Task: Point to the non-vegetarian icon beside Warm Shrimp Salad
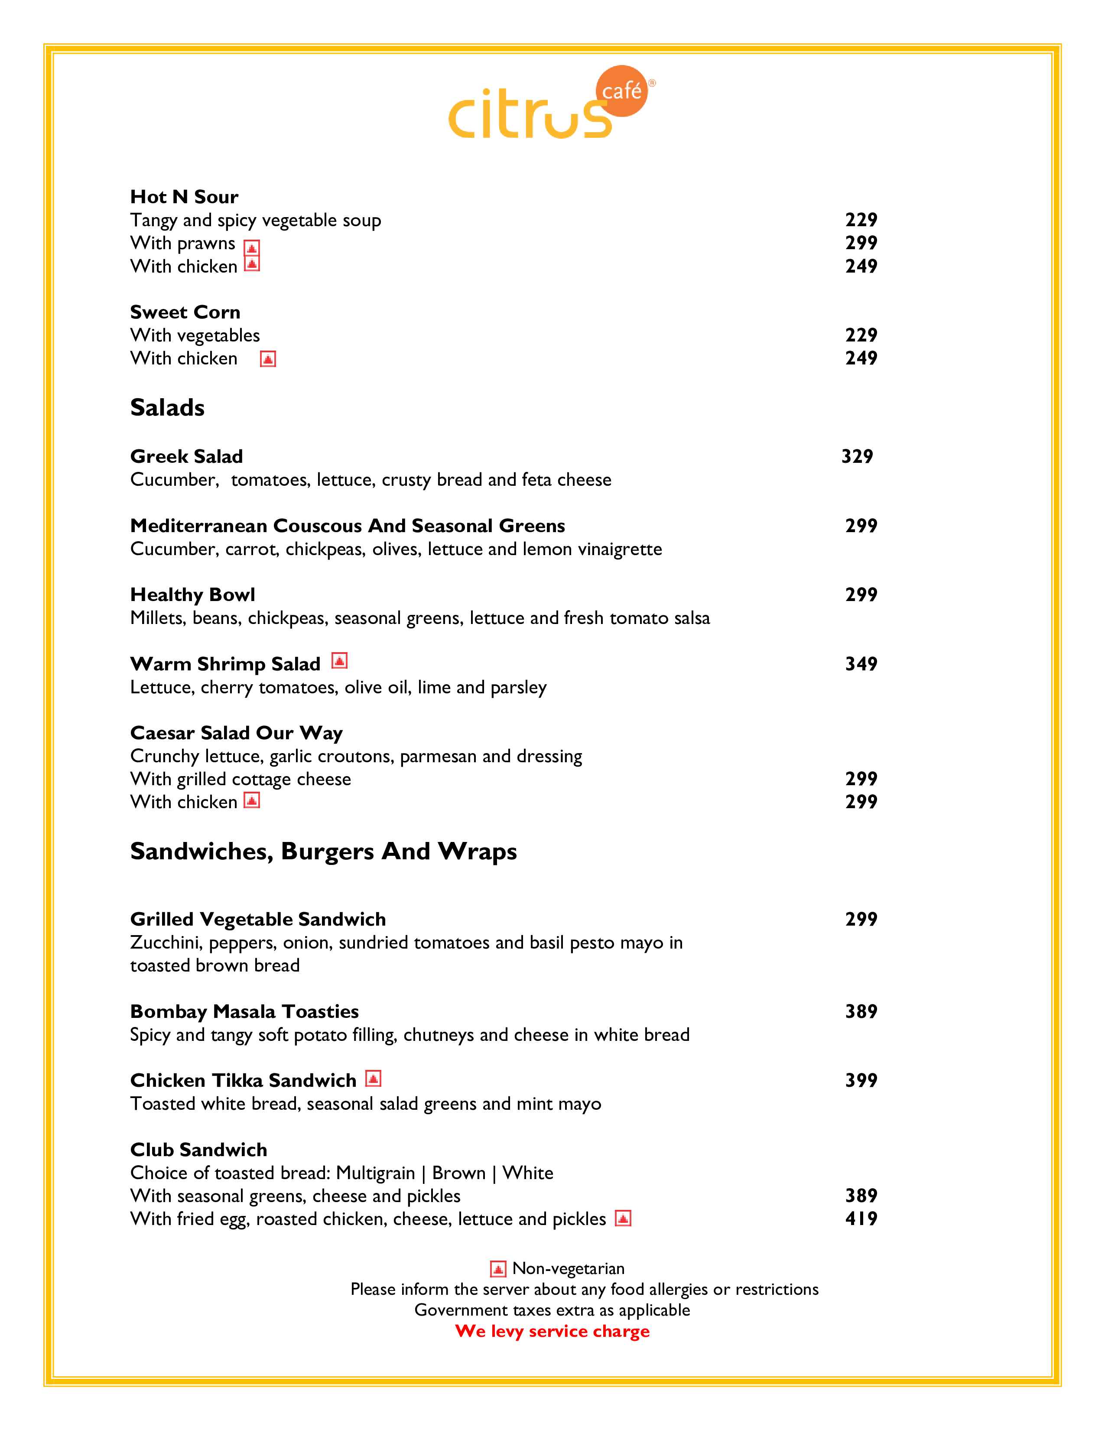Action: click(x=339, y=661)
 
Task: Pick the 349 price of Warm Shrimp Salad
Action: click(x=861, y=664)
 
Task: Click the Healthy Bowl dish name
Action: click(x=192, y=595)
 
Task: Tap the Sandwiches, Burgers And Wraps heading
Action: click(x=323, y=851)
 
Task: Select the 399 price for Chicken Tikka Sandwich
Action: click(x=861, y=1080)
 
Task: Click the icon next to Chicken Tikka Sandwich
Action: click(x=373, y=1079)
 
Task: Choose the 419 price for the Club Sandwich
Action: click(x=861, y=1219)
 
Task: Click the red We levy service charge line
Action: click(x=552, y=1331)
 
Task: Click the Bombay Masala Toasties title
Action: click(x=244, y=1011)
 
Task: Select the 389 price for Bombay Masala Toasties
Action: click(x=861, y=1011)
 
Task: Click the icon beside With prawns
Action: click(x=252, y=247)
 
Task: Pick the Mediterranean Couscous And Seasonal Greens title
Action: click(x=348, y=526)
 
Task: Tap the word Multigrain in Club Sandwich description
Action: click(x=376, y=1173)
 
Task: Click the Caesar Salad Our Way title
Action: click(x=236, y=733)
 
